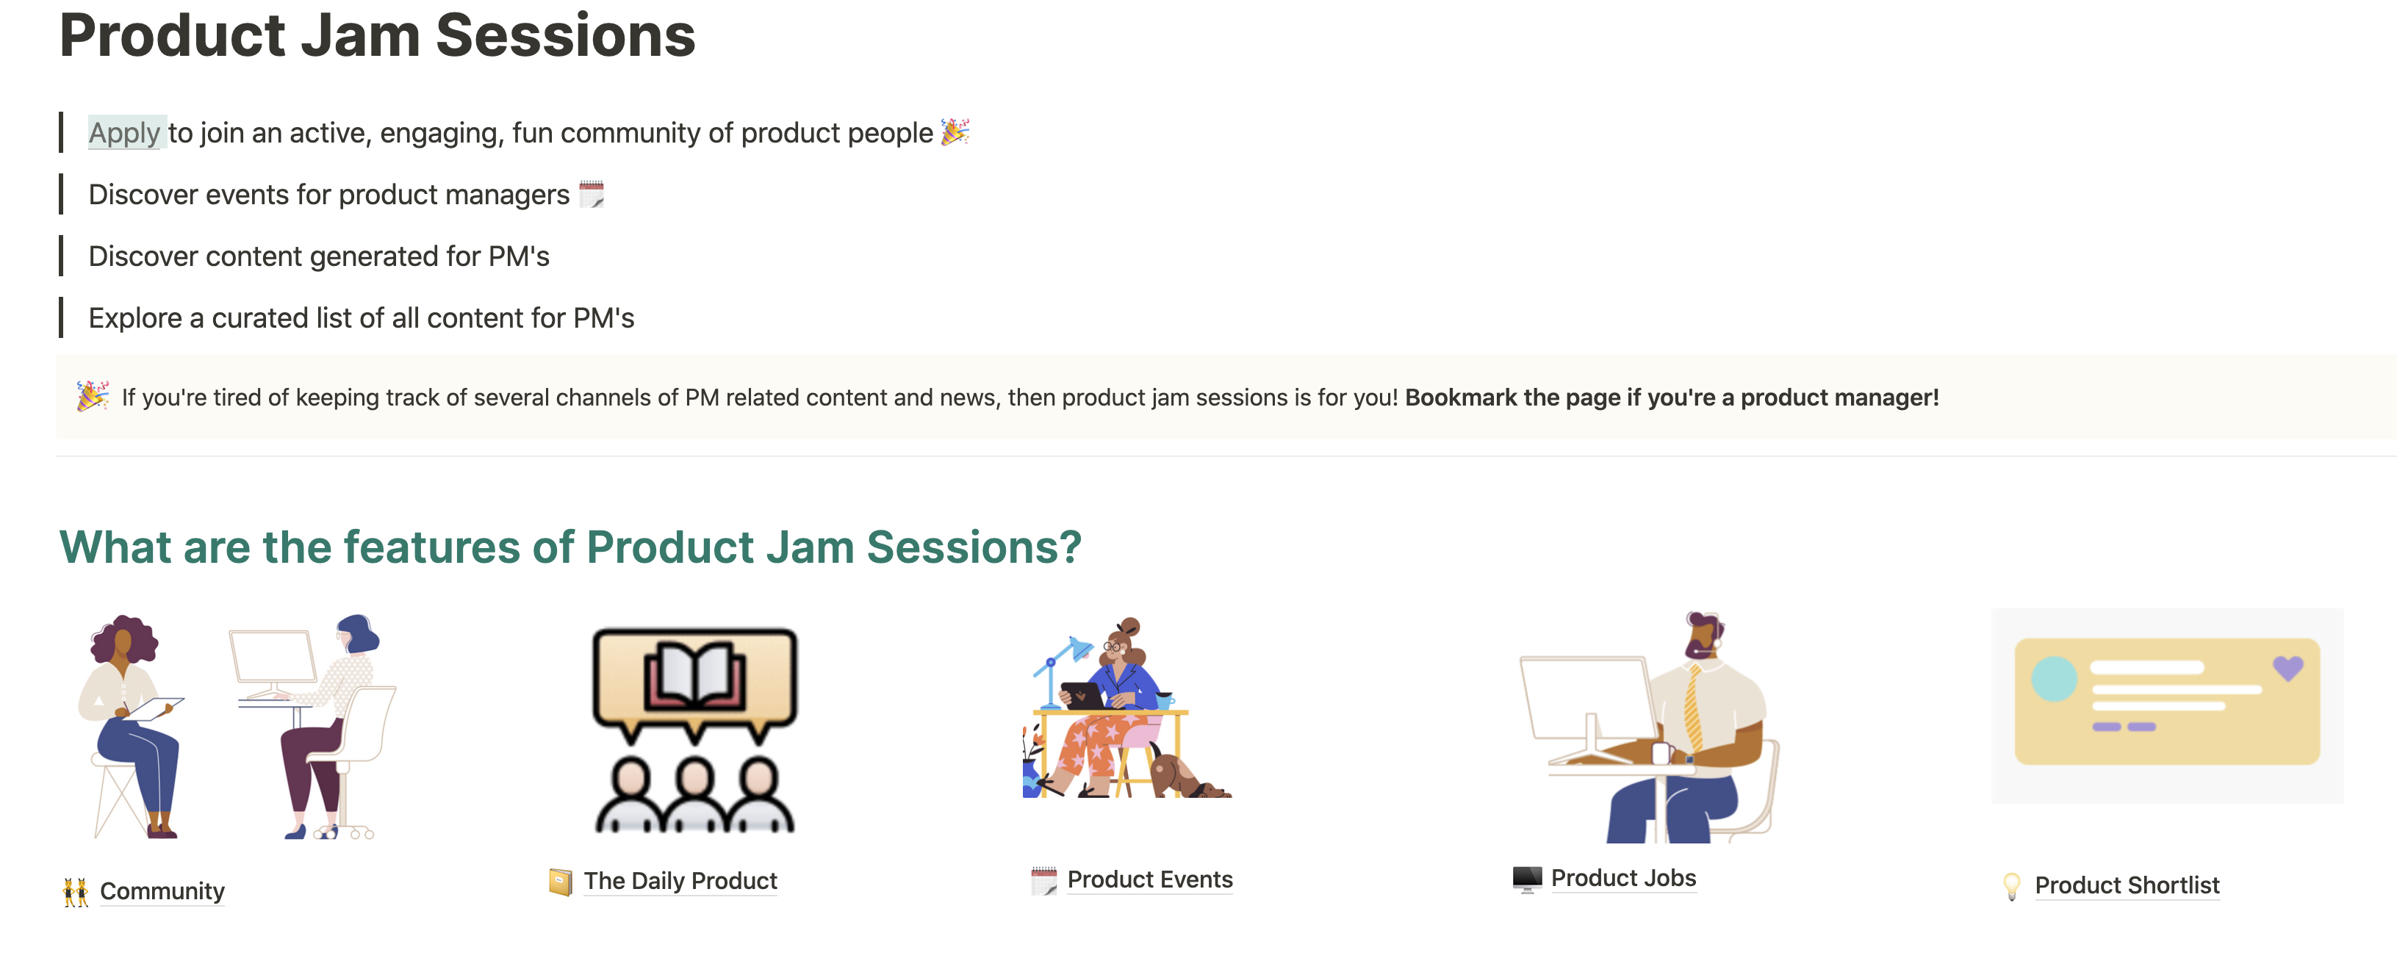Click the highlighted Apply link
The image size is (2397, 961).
click(125, 133)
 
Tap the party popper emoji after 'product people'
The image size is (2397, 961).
click(955, 132)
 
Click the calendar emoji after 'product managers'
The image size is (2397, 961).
click(591, 195)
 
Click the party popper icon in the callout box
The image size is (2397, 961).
click(92, 396)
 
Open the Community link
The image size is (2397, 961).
click(162, 890)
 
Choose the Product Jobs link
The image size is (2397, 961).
click(1622, 877)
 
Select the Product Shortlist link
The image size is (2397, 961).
click(2127, 885)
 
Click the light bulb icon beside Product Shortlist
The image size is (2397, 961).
click(2010, 885)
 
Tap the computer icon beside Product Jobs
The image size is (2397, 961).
click(1526, 878)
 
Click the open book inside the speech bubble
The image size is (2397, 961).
click(694, 677)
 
